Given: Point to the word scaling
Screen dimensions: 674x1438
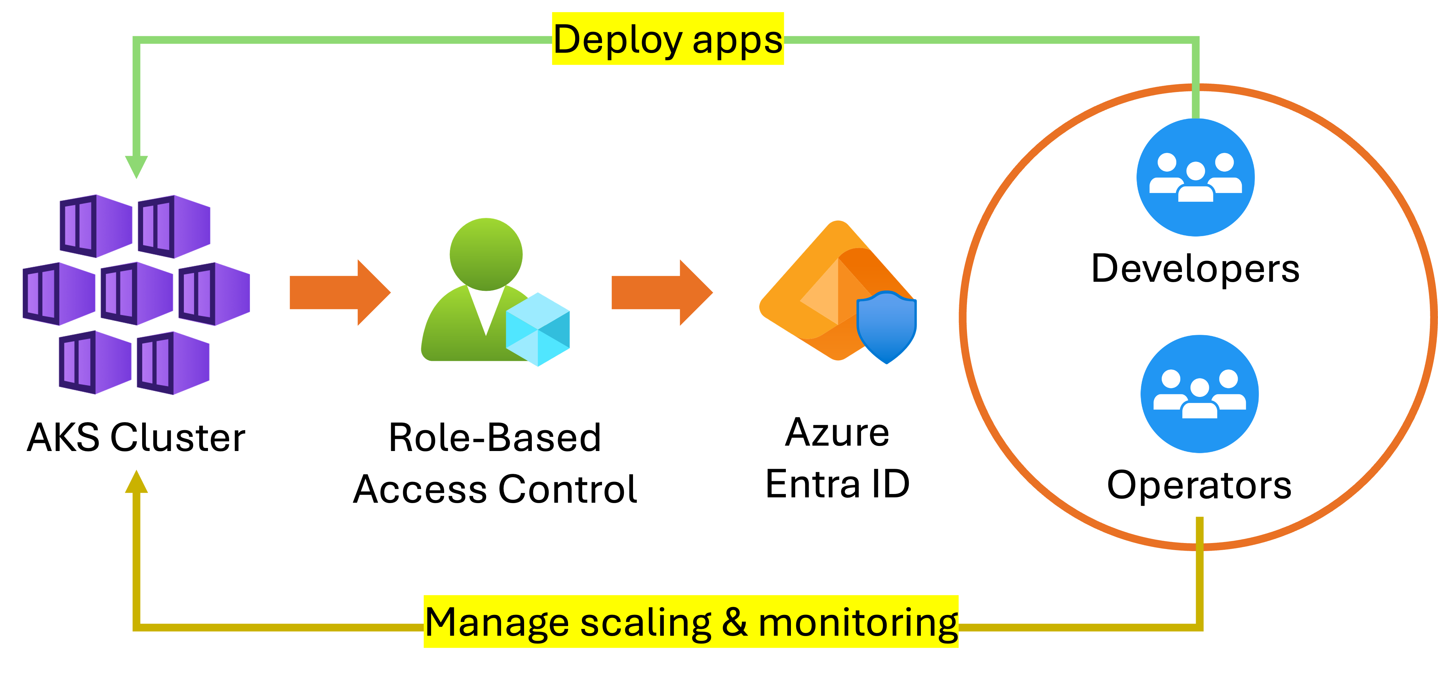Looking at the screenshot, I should click(x=645, y=622).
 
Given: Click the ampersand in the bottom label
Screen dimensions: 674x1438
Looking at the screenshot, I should click(x=734, y=622).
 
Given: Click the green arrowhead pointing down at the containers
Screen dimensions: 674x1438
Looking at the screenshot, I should click(x=136, y=166).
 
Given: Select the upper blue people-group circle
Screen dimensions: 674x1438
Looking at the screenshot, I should click(x=1195, y=176).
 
